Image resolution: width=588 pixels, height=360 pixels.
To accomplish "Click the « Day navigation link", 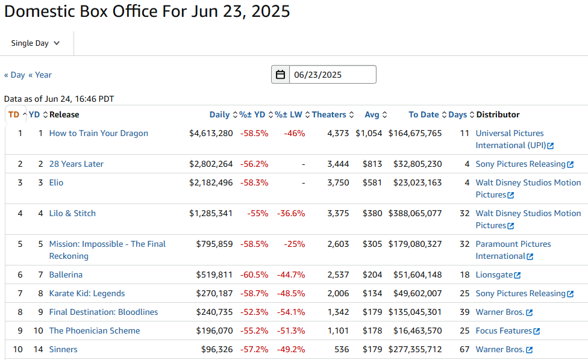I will click(x=14, y=75).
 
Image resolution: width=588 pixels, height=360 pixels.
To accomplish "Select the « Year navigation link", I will click(x=40, y=75).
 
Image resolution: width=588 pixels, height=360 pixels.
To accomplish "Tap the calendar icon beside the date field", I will click(x=281, y=75).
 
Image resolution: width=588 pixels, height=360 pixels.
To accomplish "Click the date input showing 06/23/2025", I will click(x=333, y=75).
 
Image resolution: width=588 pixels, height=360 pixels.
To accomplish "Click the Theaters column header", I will click(x=329, y=114).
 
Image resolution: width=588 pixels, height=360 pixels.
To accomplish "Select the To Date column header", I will click(x=424, y=114).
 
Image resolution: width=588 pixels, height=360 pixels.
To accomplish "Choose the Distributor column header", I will click(x=498, y=114).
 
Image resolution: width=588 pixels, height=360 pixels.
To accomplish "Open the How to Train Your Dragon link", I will click(x=98, y=133).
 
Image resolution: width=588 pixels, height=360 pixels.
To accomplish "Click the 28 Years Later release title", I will click(x=77, y=164).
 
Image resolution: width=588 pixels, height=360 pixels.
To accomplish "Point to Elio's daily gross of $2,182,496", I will click(x=211, y=182).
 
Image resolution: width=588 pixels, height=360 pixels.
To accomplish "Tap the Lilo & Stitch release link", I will click(x=72, y=213).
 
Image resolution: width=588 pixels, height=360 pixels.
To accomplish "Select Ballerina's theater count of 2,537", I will click(x=338, y=275).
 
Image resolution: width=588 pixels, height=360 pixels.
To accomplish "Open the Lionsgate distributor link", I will click(x=495, y=275).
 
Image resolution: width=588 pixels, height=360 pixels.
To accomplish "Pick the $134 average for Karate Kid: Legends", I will click(x=372, y=293).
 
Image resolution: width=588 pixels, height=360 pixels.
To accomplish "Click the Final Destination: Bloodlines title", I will click(x=104, y=312).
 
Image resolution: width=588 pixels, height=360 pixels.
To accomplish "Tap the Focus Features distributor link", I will click(x=504, y=331).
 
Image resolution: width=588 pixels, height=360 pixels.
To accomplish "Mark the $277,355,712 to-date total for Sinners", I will click(x=415, y=349).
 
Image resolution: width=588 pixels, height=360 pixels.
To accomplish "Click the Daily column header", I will click(x=219, y=114).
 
